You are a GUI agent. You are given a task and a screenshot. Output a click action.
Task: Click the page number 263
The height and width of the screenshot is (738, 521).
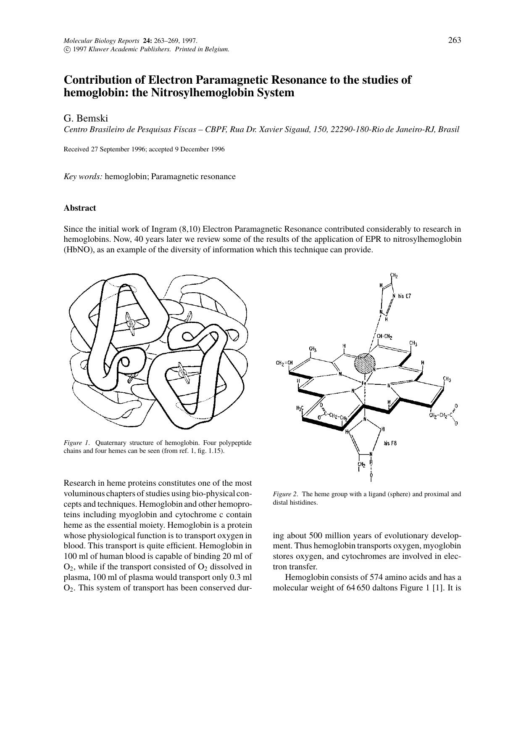tap(455, 40)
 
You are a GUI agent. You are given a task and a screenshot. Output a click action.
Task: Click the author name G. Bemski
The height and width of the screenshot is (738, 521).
tap(86, 118)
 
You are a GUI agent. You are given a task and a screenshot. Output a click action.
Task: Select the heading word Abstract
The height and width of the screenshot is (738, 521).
tap(80, 208)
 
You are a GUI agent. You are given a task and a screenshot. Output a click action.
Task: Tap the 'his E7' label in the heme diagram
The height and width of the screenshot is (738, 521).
tap(404, 296)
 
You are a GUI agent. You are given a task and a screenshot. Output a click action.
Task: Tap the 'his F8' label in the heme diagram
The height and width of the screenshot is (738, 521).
tap(390, 443)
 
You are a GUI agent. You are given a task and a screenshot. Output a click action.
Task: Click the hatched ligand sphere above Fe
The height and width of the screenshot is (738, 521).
tap(364, 363)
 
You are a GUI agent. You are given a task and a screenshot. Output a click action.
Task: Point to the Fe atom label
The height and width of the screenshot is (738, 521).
tap(364, 384)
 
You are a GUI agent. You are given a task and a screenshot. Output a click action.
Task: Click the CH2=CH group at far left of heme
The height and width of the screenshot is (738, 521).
tap(284, 363)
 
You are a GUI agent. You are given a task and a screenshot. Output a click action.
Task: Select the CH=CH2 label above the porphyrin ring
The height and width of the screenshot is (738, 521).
tap(384, 337)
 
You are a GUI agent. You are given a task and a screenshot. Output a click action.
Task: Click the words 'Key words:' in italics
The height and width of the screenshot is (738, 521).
tap(83, 177)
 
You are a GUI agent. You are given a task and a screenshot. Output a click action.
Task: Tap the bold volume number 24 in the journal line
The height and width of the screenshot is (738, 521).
tap(147, 41)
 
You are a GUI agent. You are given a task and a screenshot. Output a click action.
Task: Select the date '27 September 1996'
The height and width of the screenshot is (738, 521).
tap(118, 149)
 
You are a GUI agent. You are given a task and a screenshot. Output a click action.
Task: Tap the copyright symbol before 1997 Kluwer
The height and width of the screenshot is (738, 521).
tap(66, 49)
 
